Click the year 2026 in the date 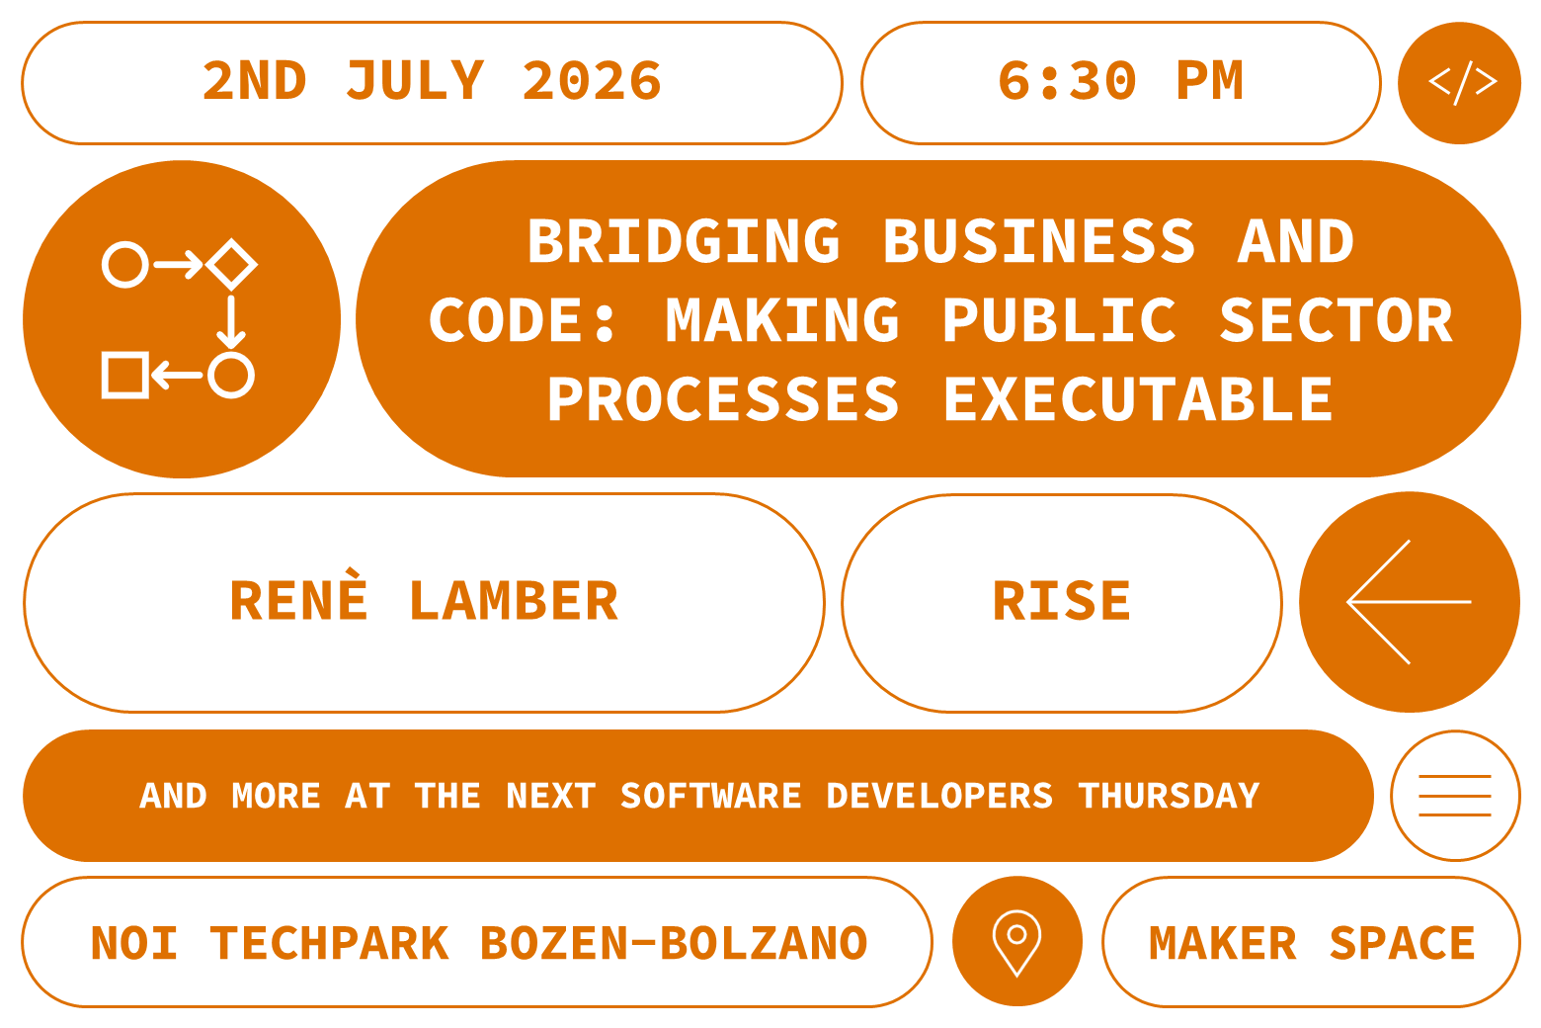(x=592, y=81)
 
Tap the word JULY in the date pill (x=416, y=81)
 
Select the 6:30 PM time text (x=1120, y=81)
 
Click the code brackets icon (x=1460, y=83)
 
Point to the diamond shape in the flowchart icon (x=232, y=264)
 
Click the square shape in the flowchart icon (x=125, y=375)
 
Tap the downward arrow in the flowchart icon (x=231, y=320)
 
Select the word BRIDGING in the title (x=684, y=242)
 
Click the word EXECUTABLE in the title (x=1138, y=399)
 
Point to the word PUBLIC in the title (x=1059, y=320)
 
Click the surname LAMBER (x=514, y=602)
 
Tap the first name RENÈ (x=299, y=600)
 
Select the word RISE (x=1062, y=602)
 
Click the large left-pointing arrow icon (x=1409, y=602)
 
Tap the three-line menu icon (x=1454, y=796)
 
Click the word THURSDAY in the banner (x=1169, y=796)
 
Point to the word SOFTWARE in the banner (x=710, y=796)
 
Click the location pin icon (x=1016, y=940)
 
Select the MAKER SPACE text (x=1312, y=943)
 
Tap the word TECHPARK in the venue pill (x=330, y=943)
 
